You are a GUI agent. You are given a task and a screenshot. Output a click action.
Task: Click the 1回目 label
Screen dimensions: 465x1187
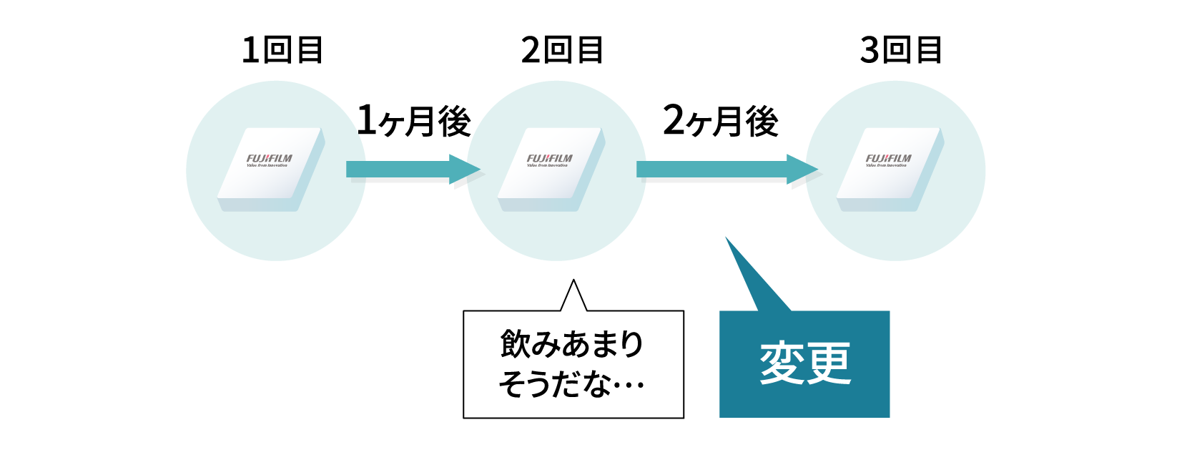[x=282, y=50]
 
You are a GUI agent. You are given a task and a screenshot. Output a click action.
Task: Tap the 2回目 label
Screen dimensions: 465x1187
[x=562, y=50]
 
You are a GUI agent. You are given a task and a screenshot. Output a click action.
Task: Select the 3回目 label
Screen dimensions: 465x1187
[x=901, y=50]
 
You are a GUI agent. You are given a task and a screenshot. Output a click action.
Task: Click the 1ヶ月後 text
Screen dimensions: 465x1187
[x=414, y=120]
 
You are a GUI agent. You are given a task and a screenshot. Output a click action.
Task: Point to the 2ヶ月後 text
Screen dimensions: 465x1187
[x=721, y=120]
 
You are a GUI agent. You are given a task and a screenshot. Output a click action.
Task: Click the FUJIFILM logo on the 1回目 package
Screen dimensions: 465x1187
[x=270, y=159]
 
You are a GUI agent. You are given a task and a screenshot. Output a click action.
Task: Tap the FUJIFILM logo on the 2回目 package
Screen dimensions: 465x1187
[x=550, y=159]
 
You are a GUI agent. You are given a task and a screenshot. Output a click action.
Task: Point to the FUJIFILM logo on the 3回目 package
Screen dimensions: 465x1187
[x=889, y=159]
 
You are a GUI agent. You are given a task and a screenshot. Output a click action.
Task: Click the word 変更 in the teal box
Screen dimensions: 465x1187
[x=804, y=363]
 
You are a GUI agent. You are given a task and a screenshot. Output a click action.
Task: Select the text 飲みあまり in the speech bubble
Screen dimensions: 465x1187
[x=572, y=344]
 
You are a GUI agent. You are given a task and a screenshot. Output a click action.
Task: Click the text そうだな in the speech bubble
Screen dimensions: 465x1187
[x=555, y=384]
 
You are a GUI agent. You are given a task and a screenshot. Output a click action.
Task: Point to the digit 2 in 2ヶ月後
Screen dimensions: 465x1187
[x=674, y=119]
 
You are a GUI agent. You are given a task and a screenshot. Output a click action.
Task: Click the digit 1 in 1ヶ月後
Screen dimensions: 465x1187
[x=366, y=119]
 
